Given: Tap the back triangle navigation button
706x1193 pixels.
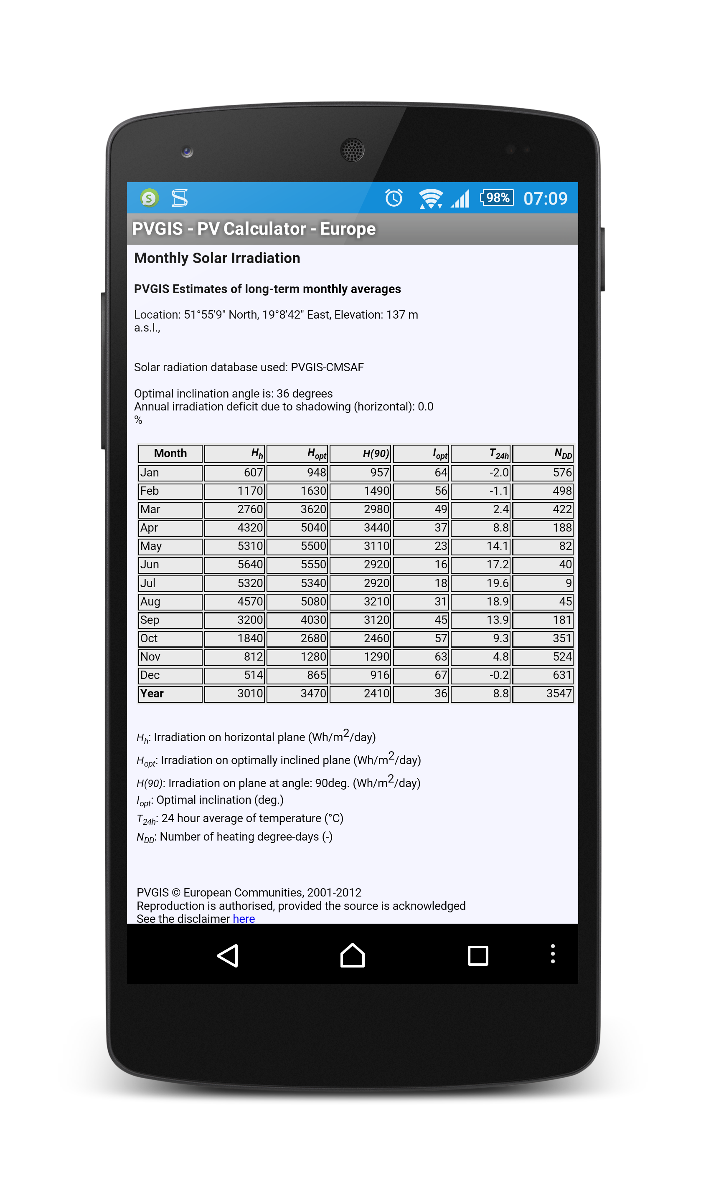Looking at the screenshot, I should [x=228, y=955].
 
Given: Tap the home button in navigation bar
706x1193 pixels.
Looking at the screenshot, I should [x=353, y=955].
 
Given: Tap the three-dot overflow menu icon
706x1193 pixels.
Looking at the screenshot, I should [x=552, y=954].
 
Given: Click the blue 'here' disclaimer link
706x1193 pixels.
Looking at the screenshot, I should [x=244, y=919].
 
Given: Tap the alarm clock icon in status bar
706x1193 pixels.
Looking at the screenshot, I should [x=394, y=198].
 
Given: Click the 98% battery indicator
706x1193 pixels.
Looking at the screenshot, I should [x=497, y=198].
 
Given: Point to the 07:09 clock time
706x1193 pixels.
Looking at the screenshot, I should [x=545, y=198].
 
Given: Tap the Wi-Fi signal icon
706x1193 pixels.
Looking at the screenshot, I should [x=431, y=198].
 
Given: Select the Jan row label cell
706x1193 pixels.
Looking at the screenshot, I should [x=170, y=473].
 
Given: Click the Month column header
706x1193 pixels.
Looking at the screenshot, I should [x=170, y=453].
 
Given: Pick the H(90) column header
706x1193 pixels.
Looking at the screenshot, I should [x=360, y=453].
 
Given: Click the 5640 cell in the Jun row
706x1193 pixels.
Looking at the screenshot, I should [x=234, y=565].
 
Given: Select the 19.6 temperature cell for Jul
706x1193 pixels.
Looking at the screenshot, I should [x=480, y=583].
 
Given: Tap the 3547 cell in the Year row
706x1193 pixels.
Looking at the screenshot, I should [x=542, y=693].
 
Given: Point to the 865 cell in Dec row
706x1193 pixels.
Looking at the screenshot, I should [x=297, y=675].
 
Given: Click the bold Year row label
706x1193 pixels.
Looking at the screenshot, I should [x=170, y=693].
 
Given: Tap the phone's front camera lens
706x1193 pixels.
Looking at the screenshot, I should [x=187, y=151].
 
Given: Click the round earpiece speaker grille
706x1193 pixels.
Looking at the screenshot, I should [x=353, y=150].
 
